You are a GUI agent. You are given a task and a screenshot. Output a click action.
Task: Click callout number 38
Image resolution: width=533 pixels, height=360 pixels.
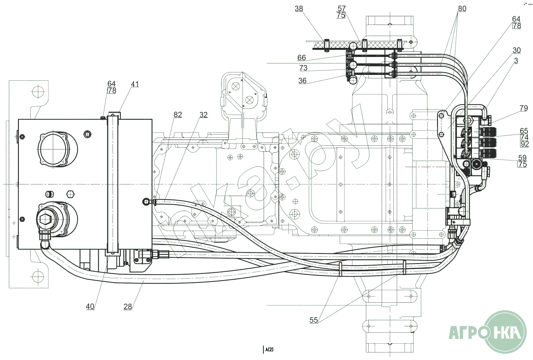pos(299,9)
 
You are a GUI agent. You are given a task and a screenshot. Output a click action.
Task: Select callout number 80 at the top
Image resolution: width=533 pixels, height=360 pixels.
pos(462,9)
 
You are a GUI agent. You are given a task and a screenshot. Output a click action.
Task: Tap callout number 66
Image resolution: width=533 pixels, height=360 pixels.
pos(301,58)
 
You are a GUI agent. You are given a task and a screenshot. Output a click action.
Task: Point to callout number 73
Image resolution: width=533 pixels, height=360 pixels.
pos(303,68)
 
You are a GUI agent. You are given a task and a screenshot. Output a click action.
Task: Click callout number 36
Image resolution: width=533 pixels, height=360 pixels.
pos(302,81)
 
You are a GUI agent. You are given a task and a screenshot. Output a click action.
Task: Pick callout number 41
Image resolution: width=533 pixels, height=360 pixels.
pos(135,84)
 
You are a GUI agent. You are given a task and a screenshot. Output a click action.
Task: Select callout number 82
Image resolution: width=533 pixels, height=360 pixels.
pos(178,115)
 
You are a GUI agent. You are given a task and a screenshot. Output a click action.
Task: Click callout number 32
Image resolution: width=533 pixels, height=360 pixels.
pos(204,115)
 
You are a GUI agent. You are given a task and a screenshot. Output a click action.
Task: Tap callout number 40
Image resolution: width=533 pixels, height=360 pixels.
pos(90,306)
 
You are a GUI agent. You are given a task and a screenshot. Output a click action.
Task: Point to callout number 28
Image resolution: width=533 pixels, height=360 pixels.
pos(127,306)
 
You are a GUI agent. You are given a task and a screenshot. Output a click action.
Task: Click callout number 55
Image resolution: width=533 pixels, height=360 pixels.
pos(314,320)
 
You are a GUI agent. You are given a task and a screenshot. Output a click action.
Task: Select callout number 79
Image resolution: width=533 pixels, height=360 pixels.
pos(524,108)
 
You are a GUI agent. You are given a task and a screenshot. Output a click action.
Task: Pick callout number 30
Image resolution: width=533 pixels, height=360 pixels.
pos(517,50)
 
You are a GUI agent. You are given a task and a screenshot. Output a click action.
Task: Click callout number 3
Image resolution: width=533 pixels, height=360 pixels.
pos(516,61)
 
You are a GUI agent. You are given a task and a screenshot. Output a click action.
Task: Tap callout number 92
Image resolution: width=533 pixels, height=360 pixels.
pos(525,144)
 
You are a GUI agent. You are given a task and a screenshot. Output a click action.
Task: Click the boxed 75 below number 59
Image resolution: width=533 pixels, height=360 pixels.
pos(522,164)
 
